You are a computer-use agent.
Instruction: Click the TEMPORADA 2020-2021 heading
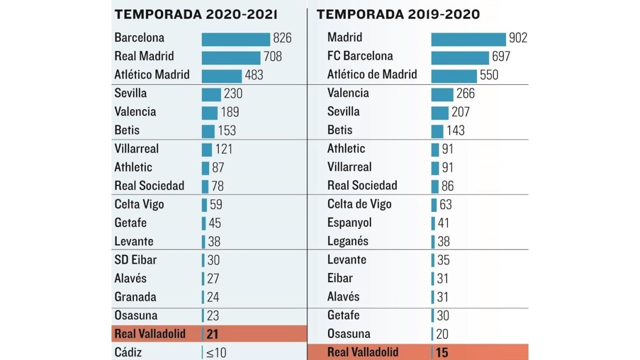196,14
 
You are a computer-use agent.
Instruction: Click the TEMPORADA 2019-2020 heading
398,14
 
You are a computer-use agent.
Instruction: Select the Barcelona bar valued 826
236,39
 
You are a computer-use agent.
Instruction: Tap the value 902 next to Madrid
518,38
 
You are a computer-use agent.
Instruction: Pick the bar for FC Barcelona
460,58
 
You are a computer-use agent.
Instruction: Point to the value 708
273,57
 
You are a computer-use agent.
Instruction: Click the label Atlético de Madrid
372,74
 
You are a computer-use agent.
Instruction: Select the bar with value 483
222,76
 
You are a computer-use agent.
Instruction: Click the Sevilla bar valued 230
211,95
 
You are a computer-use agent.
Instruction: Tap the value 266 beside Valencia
466,93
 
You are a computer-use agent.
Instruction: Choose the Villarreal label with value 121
137,149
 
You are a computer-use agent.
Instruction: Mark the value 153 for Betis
227,131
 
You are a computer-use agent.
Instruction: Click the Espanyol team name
349,222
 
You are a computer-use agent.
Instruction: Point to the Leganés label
348,241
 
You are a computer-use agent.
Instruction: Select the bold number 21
212,334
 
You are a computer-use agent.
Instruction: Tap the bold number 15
442,353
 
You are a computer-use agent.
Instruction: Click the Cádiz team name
128,353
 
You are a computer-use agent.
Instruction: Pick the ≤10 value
217,353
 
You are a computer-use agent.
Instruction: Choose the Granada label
135,297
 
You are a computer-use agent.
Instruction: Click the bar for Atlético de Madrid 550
454,76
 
